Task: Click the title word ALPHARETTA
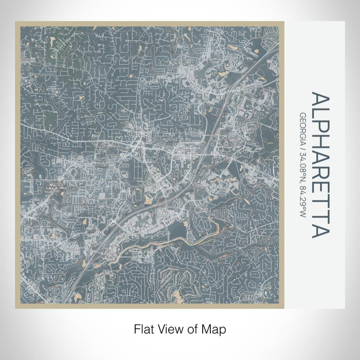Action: click(x=319, y=165)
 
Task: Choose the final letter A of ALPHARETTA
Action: click(x=319, y=231)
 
